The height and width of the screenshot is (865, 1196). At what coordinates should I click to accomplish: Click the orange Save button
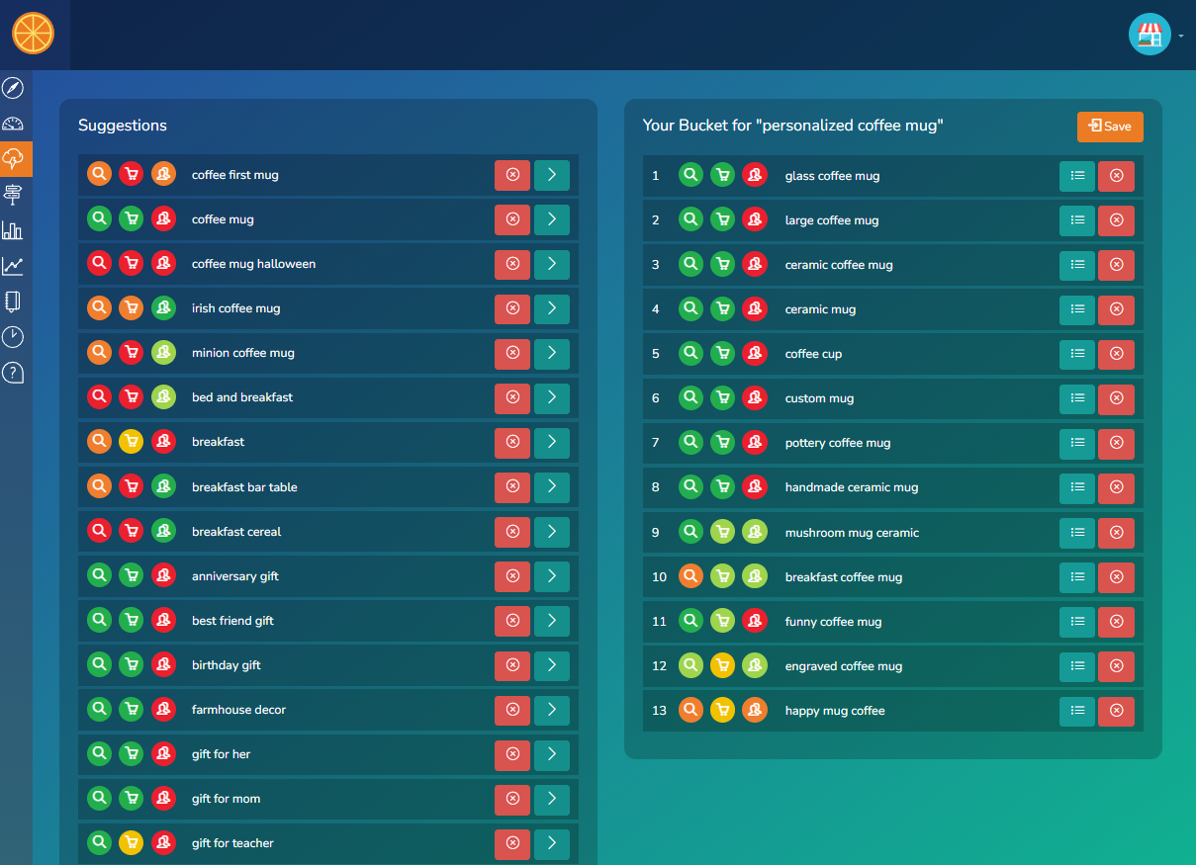1110,127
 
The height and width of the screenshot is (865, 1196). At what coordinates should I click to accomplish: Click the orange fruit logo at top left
33,34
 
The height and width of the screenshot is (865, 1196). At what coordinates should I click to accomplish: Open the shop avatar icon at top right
1150,35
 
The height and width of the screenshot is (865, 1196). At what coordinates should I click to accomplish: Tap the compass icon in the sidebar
13,88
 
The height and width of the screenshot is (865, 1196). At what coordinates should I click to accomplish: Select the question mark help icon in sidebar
13,373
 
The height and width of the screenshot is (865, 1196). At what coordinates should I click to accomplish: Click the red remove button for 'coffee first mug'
512,175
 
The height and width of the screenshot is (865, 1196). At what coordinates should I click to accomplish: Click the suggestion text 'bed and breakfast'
242,397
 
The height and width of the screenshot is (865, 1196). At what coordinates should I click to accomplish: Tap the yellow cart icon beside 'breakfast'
131,442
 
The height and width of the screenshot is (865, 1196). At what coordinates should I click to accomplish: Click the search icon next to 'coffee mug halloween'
99,264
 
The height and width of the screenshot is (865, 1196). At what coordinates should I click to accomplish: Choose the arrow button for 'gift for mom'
552,799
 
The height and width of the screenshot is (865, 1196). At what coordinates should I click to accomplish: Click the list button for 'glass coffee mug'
1077,176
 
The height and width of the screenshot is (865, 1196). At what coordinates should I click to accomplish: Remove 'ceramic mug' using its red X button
1116,309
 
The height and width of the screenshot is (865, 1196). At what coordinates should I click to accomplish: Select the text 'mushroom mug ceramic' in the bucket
852,533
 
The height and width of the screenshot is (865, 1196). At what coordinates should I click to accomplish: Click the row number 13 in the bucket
659,711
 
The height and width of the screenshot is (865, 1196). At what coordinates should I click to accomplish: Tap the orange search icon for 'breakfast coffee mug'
691,577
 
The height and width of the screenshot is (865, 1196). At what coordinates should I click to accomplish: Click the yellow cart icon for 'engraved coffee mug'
723,666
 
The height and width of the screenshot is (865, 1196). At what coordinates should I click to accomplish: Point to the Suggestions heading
123,126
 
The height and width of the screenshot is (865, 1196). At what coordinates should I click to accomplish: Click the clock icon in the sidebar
13,337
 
